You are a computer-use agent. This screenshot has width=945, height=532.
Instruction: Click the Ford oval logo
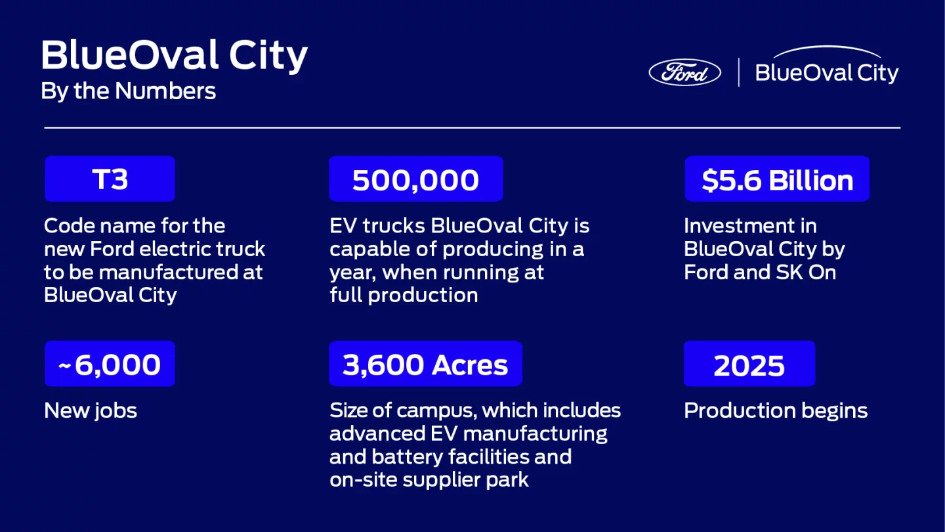click(x=684, y=72)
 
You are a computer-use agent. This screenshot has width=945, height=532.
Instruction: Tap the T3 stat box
click(x=110, y=179)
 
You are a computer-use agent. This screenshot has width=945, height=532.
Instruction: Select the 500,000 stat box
click(x=415, y=179)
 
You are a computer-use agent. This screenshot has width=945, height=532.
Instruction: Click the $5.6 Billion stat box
click(x=777, y=179)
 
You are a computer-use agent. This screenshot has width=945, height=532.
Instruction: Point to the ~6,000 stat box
click(x=110, y=364)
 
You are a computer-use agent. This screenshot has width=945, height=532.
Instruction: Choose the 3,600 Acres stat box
click(x=425, y=364)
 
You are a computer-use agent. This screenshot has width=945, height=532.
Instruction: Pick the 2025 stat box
click(x=749, y=364)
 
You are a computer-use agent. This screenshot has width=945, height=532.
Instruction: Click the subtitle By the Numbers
click(x=128, y=91)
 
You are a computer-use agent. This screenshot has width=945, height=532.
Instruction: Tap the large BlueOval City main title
click(x=175, y=56)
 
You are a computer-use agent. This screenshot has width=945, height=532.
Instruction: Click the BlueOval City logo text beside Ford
click(x=827, y=72)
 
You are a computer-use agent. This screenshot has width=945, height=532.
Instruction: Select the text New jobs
click(x=91, y=411)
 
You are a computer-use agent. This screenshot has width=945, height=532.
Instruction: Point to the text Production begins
click(x=776, y=411)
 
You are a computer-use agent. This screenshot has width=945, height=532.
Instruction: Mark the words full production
click(x=404, y=296)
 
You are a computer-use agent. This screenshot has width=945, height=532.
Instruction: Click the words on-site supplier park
click(x=429, y=480)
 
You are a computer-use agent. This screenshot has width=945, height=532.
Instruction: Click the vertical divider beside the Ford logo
click(x=739, y=72)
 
